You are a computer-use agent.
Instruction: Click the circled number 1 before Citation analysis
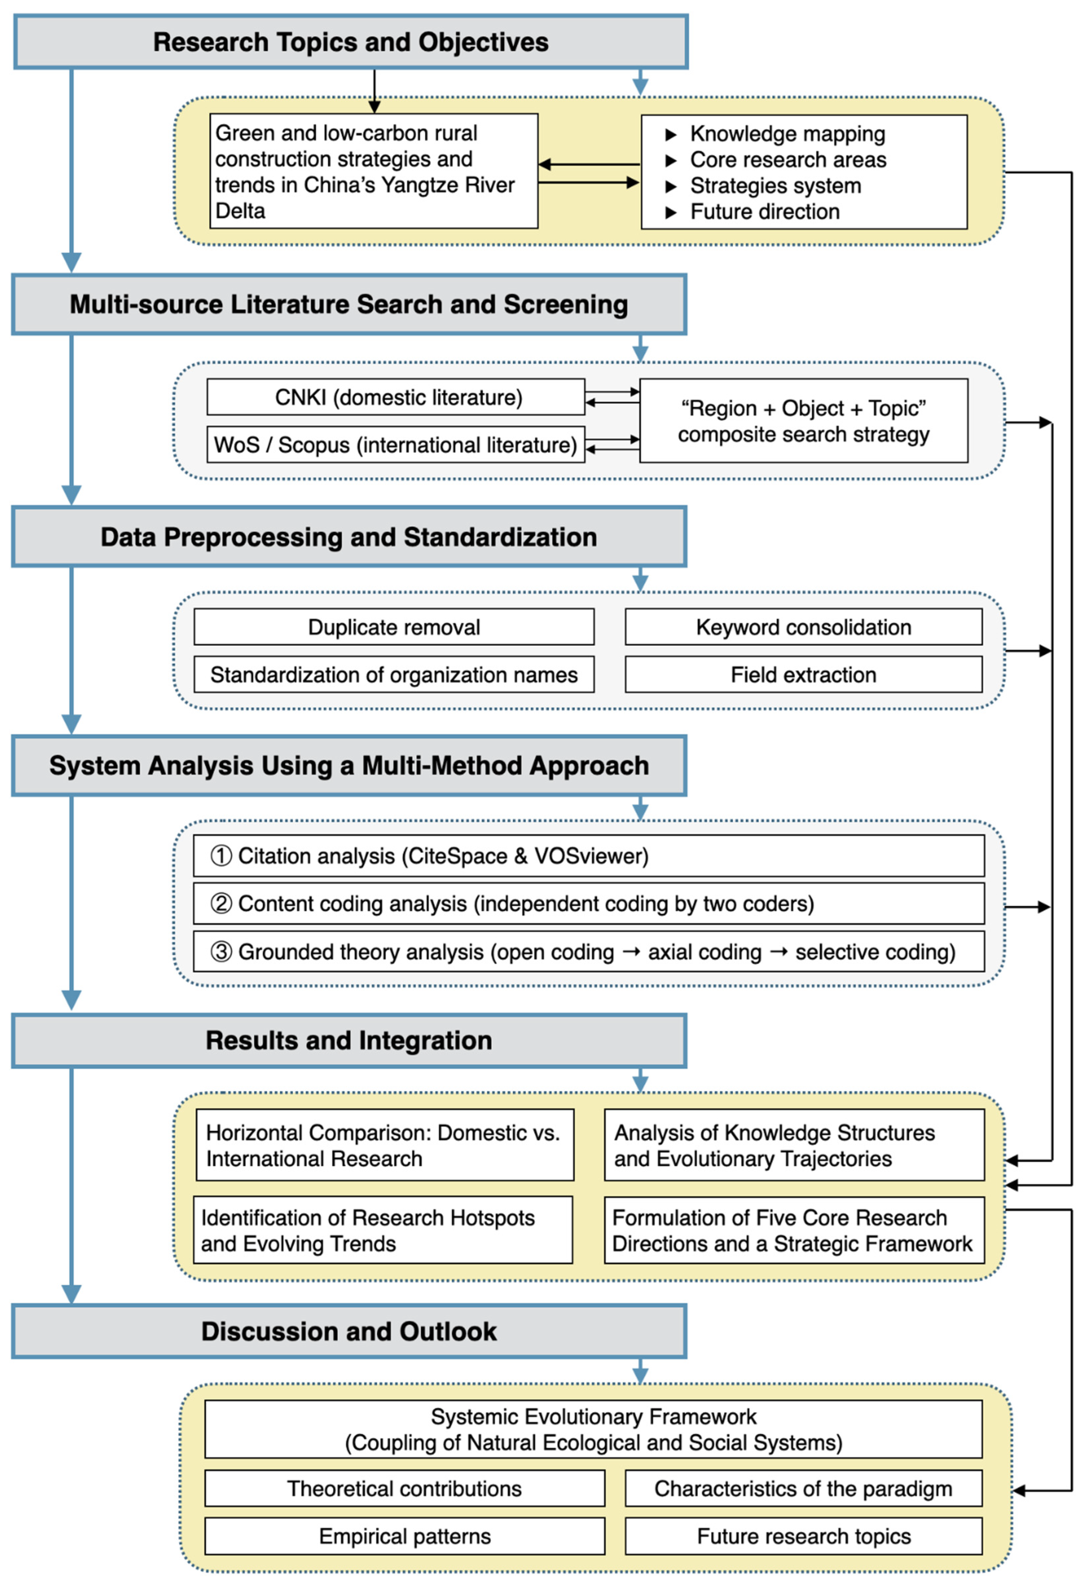[221, 855]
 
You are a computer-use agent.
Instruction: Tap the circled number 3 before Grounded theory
[221, 952]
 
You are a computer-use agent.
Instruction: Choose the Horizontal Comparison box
[385, 1145]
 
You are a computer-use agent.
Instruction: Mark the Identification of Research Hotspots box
[383, 1230]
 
